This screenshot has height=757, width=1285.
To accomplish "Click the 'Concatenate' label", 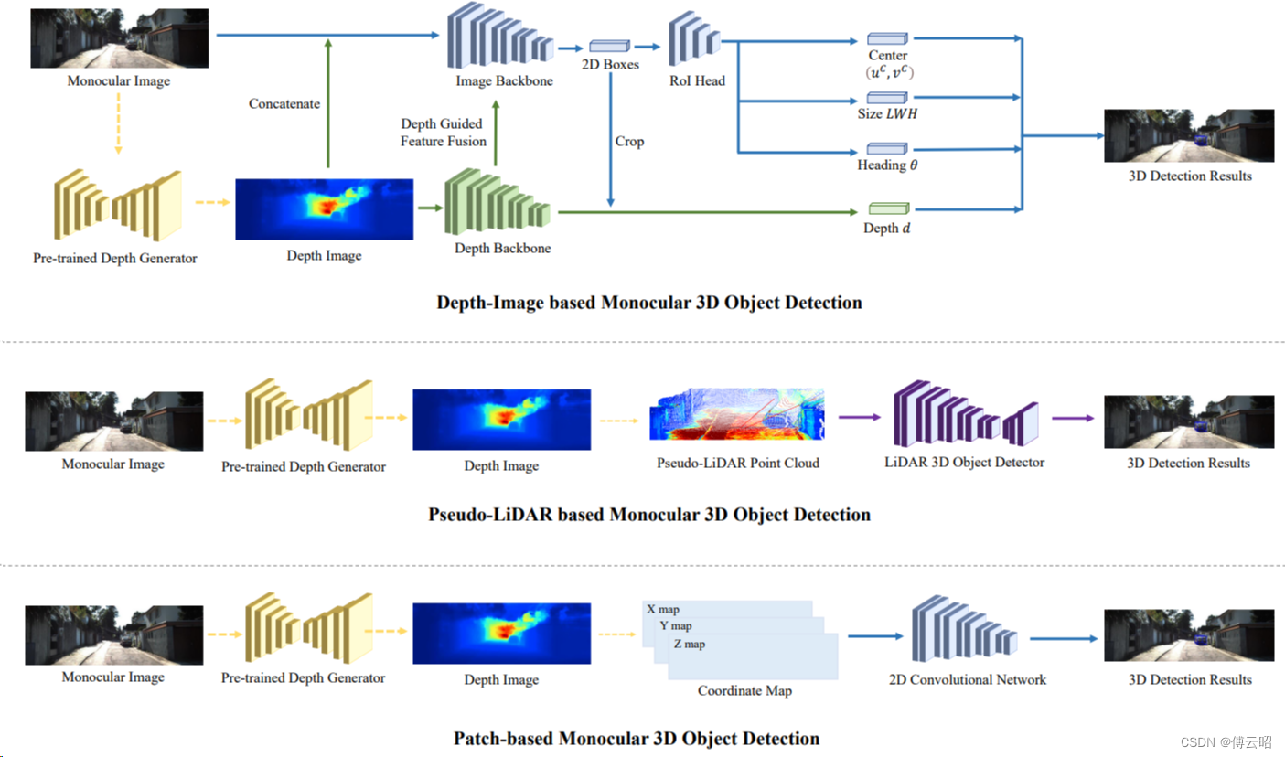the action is click(284, 104).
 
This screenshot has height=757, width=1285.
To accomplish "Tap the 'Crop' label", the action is click(629, 141).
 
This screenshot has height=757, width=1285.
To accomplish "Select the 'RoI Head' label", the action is click(697, 80).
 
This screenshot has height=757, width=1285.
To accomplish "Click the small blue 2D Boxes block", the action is click(609, 46).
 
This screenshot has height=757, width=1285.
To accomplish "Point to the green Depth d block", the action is click(889, 208).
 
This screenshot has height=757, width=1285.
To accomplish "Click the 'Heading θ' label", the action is click(887, 165).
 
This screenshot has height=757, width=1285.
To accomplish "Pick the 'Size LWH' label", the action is click(887, 113).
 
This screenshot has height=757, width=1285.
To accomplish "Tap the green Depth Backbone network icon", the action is click(497, 201).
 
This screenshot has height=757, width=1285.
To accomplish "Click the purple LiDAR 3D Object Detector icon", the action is click(966, 413).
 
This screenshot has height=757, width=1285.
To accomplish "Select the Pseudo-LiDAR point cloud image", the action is click(736, 414).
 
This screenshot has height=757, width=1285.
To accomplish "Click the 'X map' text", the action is click(663, 609).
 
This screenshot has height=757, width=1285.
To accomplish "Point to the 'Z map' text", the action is click(690, 644).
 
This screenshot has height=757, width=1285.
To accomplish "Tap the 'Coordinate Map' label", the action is click(744, 690).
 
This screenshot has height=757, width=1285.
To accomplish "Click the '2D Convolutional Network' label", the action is click(968, 679).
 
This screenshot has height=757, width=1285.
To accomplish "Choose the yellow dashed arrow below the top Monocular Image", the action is click(118, 123).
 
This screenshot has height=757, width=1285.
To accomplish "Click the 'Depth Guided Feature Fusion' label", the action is click(443, 133).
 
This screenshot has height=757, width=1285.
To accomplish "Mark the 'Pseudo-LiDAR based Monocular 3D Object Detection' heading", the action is click(649, 515).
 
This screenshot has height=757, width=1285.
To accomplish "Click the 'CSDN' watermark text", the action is click(1198, 742).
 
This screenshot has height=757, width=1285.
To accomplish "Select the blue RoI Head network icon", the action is click(694, 38).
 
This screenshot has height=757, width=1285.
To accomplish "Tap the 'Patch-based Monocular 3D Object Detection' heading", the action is click(637, 738).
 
